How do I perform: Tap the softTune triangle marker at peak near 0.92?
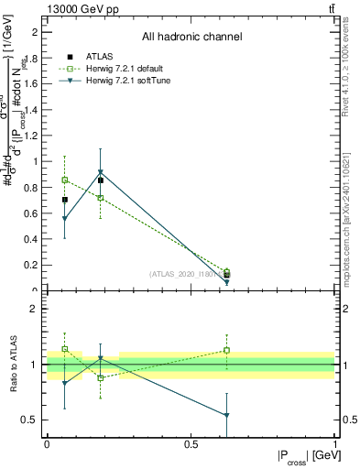[x=101, y=172]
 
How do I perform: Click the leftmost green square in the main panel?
[x=64, y=180]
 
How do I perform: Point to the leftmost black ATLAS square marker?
[x=64, y=199]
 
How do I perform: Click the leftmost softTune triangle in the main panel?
[x=64, y=219]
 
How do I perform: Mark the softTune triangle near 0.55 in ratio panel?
[x=226, y=416]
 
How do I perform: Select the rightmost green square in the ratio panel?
[x=226, y=350]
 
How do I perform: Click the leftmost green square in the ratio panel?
[x=64, y=349]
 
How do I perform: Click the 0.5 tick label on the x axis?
[x=191, y=444]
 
